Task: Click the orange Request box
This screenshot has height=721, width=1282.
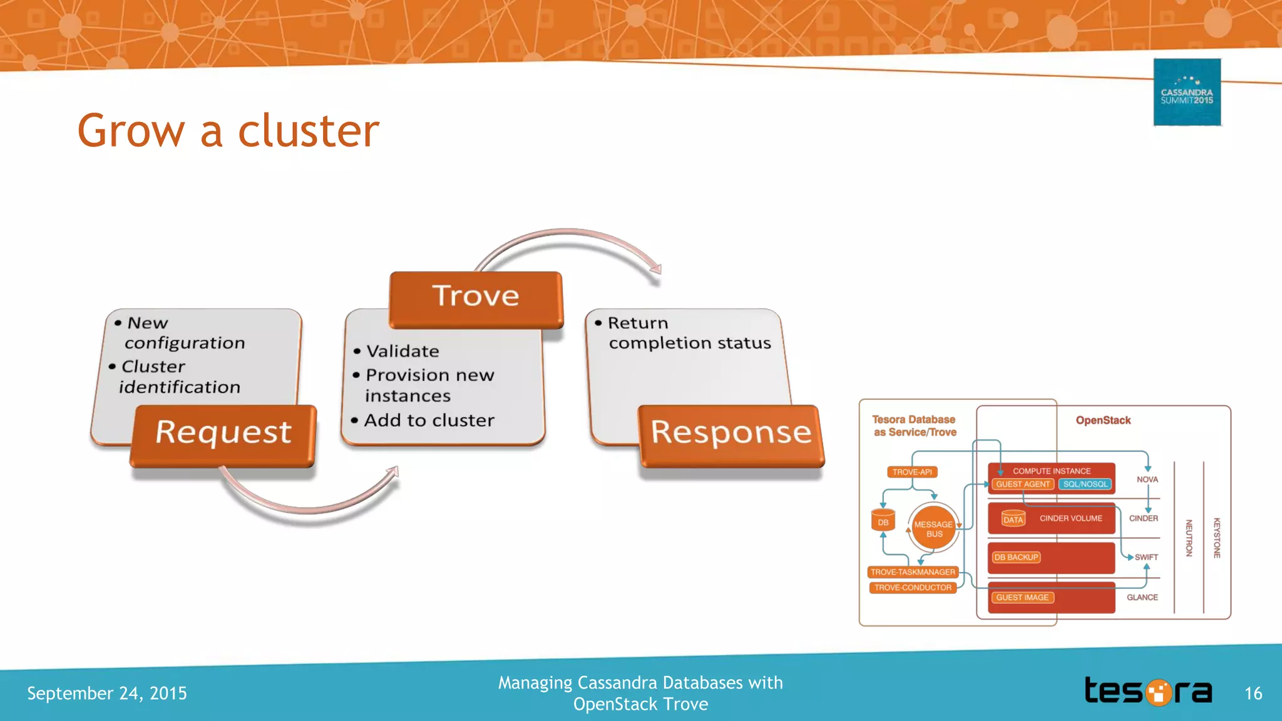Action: pos(223,435)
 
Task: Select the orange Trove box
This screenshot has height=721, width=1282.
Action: pos(476,299)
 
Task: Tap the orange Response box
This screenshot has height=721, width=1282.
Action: pos(731,435)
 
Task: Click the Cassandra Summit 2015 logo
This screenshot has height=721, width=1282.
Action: pos(1187,93)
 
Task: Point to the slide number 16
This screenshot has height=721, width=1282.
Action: pos(1253,693)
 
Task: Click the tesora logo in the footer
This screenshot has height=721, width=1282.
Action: pos(1148,692)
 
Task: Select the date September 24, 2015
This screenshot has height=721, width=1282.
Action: pos(107,693)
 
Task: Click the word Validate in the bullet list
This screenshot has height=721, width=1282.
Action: pos(403,351)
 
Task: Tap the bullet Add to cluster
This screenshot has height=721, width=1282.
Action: pos(429,420)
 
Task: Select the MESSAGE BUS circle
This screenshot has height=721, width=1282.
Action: pos(933,529)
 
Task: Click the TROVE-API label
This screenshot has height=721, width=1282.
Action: pos(912,472)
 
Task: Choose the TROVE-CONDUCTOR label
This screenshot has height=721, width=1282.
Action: pos(913,588)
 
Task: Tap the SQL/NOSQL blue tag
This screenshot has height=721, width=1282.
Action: pos(1085,484)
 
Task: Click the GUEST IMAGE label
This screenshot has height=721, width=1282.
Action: pos(1022,597)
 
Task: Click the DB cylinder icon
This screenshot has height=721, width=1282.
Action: pos(883,521)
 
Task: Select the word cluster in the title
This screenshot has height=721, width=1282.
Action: pos(309,131)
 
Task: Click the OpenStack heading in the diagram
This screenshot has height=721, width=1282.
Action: pos(1103,420)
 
